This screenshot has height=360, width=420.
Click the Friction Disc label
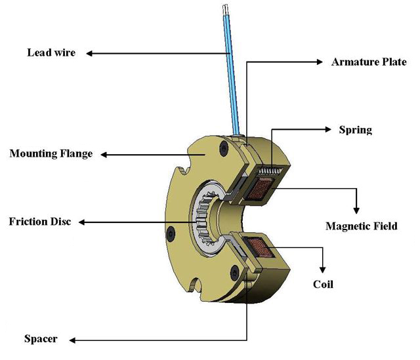tap(39, 221)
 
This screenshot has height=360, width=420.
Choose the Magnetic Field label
tap(362, 226)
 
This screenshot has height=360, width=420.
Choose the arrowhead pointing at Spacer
tap(72, 340)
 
